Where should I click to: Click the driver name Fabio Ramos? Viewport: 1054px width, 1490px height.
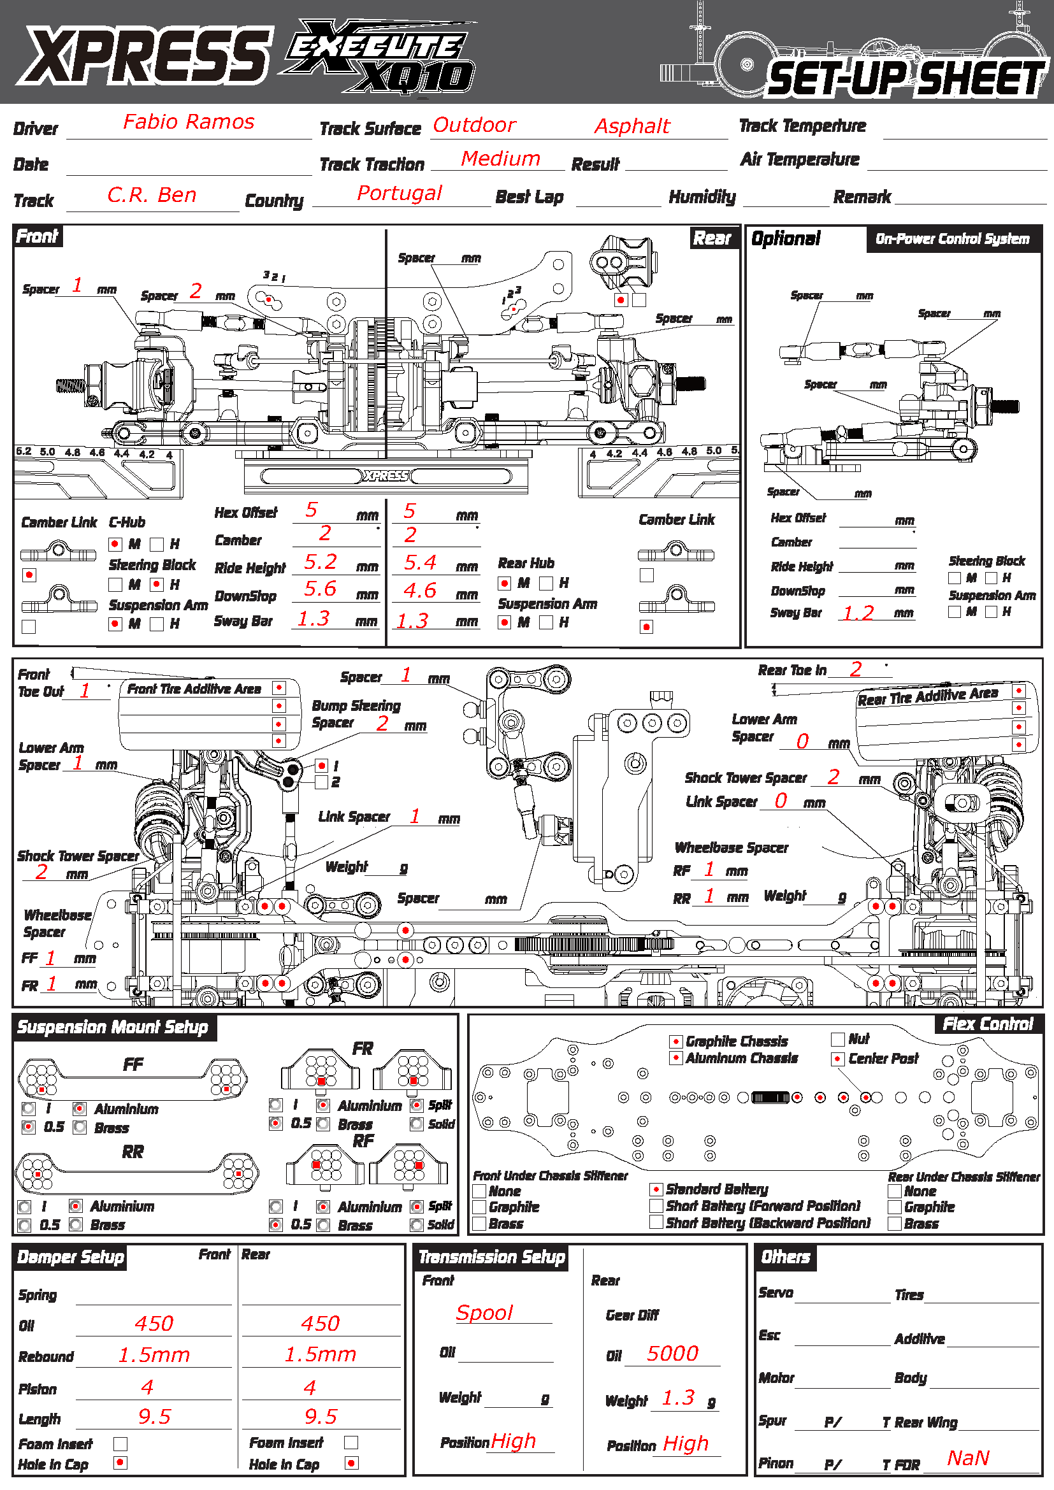point(189,122)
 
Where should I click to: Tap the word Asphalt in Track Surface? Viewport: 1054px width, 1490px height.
point(632,126)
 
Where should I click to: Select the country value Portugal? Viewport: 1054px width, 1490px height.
point(399,193)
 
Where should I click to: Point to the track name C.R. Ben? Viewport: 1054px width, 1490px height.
point(151,195)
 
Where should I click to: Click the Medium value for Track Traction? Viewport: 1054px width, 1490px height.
point(500,159)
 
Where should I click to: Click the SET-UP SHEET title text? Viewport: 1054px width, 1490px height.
point(906,79)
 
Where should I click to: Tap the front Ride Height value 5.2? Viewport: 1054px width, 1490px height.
point(321,561)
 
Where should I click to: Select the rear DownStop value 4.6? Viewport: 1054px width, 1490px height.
point(420,590)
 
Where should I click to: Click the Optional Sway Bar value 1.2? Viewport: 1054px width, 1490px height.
point(858,613)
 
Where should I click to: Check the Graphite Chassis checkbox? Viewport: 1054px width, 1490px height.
point(675,1042)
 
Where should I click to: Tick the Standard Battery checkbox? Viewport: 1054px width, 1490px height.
point(656,1189)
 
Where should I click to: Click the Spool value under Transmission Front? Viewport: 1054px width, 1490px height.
point(484,1313)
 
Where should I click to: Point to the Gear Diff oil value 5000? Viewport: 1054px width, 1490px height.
point(672,1354)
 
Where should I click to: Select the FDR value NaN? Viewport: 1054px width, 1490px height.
point(968,1458)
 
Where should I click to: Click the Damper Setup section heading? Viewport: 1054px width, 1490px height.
point(70,1257)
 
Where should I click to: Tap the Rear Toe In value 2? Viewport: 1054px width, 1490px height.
point(855,669)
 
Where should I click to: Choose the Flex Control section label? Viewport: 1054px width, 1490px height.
point(987,1024)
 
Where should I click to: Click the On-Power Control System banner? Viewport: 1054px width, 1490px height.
point(952,239)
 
